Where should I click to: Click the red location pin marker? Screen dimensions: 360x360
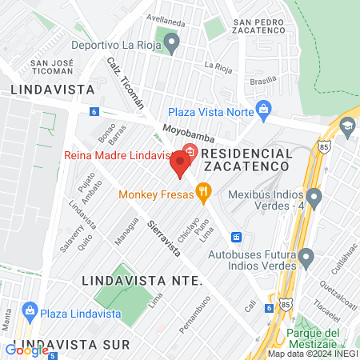coord(180,166)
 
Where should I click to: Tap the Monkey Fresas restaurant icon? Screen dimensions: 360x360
coord(205,191)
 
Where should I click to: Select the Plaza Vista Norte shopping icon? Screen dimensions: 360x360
coord(262,110)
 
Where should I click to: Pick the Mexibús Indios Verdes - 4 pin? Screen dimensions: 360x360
coord(314,196)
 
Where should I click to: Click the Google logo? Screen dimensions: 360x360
coord(26,350)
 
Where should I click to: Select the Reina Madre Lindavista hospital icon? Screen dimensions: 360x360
coord(190,150)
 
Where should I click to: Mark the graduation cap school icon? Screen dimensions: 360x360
coord(348,126)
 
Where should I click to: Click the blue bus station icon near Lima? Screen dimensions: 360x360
coord(236,237)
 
